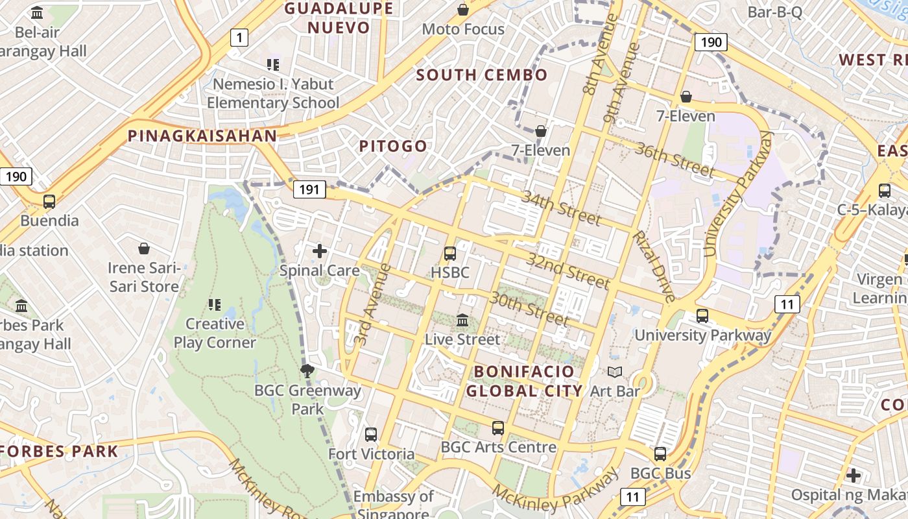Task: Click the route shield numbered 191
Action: click(309, 189)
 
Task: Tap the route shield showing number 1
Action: click(239, 38)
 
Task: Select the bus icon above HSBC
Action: click(450, 254)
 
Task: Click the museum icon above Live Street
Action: click(462, 320)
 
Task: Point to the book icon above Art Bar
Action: click(614, 372)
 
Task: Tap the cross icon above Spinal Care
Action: click(320, 251)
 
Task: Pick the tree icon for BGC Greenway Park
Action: click(307, 371)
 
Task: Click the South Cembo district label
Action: click(482, 75)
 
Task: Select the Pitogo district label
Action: click(394, 146)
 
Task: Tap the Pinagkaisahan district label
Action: click(202, 136)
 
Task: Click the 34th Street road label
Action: click(560, 208)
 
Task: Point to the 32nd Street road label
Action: click(568, 271)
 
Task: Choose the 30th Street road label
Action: click(529, 309)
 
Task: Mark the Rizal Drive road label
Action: click(654, 266)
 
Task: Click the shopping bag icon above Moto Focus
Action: click(463, 10)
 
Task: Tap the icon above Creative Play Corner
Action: click(215, 304)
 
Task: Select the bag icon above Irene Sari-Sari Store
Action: click(144, 248)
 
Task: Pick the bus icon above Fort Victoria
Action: click(371, 435)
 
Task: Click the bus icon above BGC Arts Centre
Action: click(498, 428)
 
